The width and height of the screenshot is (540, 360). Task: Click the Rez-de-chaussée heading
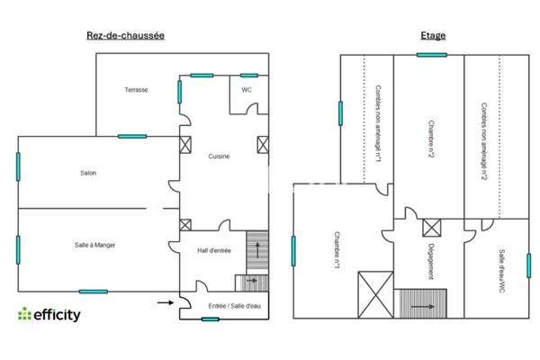coord(124,36)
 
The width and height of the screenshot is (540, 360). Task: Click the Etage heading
coord(433,36)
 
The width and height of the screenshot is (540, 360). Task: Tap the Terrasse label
coord(137,90)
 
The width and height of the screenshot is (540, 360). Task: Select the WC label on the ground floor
coord(246,90)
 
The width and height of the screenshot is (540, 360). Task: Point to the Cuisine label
coord(219,156)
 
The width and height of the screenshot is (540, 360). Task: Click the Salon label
coord(87,173)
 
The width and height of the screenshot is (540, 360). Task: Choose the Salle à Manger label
coord(94,245)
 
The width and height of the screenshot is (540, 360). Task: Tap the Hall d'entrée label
coord(214,251)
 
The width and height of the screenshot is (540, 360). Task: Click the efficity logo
coord(49,314)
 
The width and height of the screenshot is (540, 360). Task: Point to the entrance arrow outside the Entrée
coord(166,302)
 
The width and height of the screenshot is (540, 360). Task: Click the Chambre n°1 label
coord(336,252)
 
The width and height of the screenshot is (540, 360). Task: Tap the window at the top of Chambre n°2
coord(432,55)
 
